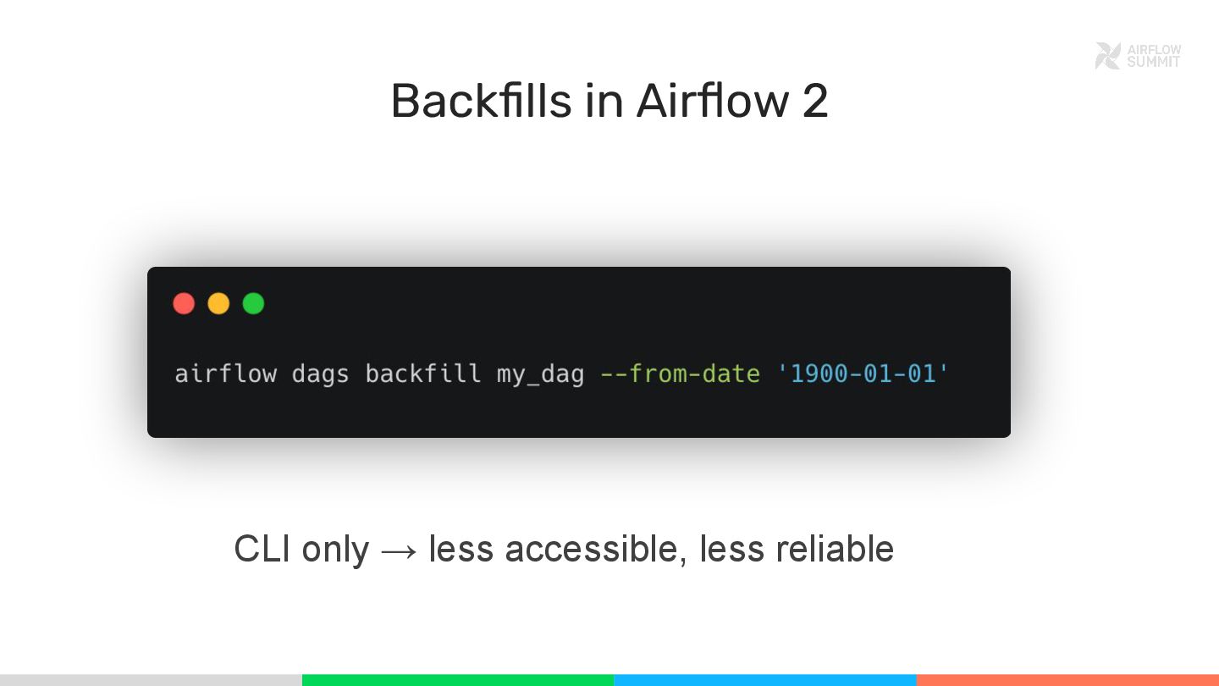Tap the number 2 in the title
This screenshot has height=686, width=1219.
click(814, 101)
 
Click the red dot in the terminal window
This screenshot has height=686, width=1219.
click(184, 303)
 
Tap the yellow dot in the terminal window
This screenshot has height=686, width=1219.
click(218, 303)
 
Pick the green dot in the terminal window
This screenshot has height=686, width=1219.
click(253, 303)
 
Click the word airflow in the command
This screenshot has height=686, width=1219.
click(225, 373)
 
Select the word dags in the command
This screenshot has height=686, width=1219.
click(320, 373)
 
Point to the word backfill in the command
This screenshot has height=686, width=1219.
click(422, 373)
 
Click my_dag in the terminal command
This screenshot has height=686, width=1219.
click(540, 373)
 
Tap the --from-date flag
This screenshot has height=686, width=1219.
click(680, 373)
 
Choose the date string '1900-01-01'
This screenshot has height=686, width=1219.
click(863, 373)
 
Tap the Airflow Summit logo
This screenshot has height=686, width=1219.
click(1137, 56)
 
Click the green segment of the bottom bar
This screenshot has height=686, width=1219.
click(457, 680)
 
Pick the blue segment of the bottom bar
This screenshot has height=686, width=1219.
click(764, 680)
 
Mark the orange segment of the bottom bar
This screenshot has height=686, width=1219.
click(1067, 680)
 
